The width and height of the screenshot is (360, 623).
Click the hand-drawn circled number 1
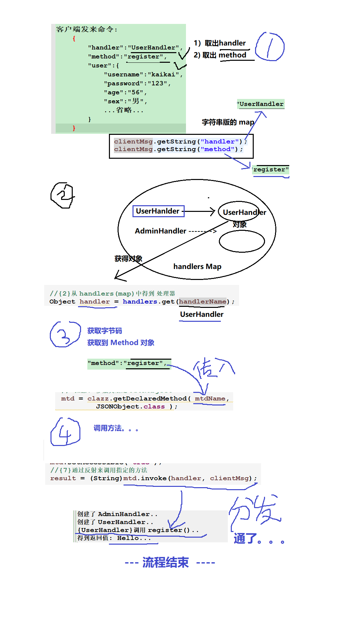269,47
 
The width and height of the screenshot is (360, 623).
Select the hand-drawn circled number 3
64,334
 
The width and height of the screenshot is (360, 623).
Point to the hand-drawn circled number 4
65,432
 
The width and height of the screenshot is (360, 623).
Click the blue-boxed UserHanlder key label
158,211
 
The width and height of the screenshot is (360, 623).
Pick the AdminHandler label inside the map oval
160,231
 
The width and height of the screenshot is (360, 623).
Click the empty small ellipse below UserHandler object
242,241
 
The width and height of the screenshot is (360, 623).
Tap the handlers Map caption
197,266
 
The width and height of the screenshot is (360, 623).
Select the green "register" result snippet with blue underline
270,170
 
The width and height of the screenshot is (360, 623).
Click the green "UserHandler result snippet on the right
261,104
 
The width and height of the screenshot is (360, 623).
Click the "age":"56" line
125,92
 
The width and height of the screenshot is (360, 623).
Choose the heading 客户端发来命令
86,29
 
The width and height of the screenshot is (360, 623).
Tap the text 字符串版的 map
228,122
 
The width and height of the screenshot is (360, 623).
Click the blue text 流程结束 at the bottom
165,562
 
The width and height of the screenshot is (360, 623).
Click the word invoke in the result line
154,478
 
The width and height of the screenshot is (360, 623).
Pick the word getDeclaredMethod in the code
150,399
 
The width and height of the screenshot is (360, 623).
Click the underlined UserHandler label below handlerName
202,314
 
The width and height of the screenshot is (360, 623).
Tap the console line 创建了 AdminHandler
117,514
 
